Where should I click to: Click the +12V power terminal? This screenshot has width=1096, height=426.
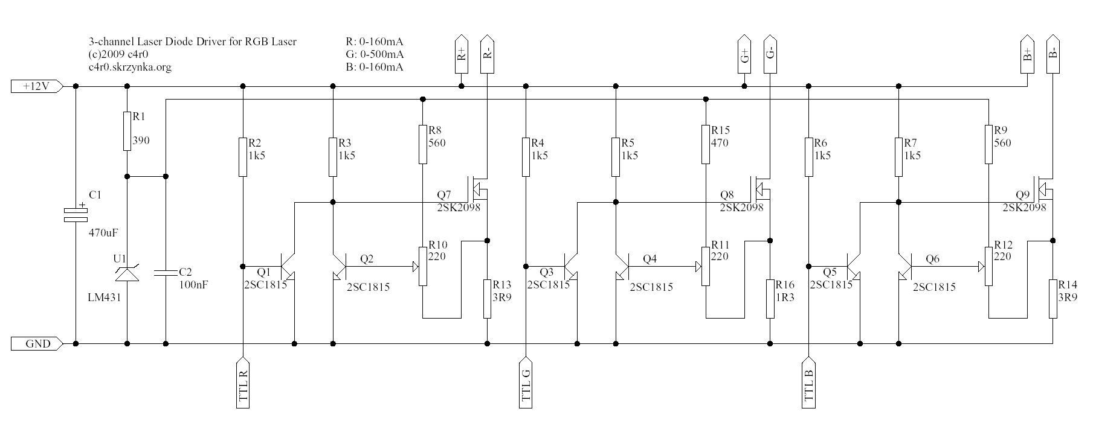(36, 86)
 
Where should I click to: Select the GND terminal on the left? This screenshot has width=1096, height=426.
(36, 344)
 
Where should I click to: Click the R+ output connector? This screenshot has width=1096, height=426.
(462, 54)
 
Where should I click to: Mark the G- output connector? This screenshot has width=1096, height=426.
(770, 54)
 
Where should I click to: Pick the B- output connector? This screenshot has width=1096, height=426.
(1053, 54)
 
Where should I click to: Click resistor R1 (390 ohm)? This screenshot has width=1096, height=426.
(127, 130)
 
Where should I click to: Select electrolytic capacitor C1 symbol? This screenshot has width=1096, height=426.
(76, 214)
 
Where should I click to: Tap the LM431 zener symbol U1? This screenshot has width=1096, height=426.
(127, 275)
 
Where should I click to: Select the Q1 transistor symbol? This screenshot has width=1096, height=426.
(289, 267)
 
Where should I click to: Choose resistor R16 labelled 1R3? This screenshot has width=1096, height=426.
(770, 298)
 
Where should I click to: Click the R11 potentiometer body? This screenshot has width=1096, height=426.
(706, 266)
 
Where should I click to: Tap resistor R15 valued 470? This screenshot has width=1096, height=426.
(706, 144)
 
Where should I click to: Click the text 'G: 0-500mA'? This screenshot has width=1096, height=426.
(374, 54)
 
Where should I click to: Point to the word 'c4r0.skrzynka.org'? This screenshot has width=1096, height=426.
(129, 67)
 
